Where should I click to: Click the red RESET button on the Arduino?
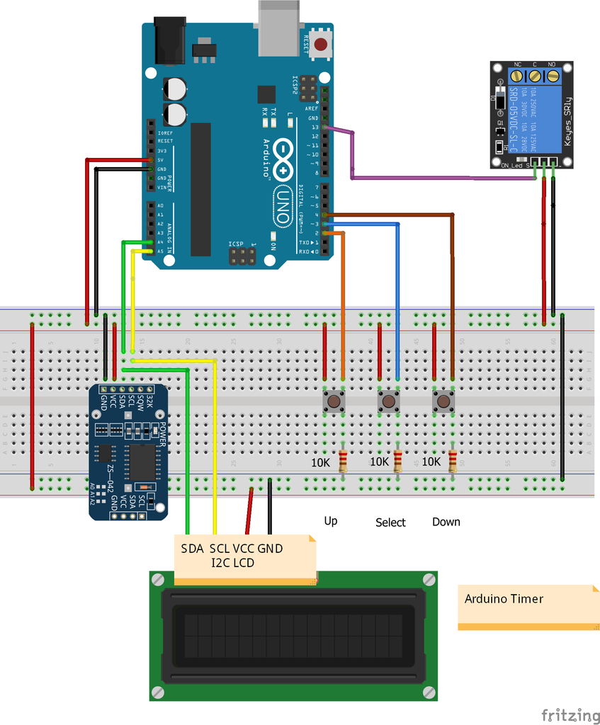[x=321, y=44]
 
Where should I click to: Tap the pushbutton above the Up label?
[x=334, y=402]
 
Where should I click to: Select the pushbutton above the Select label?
[x=388, y=402]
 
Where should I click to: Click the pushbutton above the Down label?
[x=443, y=402]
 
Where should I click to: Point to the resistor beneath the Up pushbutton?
[x=344, y=461]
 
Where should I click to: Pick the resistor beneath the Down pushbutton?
[x=453, y=461]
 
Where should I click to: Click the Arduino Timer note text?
[x=504, y=599]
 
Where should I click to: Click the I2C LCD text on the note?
[x=232, y=563]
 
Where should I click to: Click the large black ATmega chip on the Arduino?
[x=200, y=189]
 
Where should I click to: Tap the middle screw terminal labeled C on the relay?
[x=535, y=75]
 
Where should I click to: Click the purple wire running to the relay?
[x=439, y=178]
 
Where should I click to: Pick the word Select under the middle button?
[x=390, y=523]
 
